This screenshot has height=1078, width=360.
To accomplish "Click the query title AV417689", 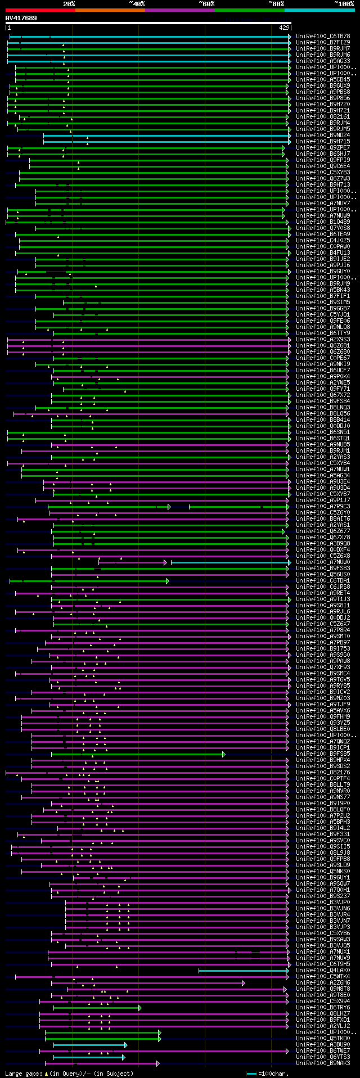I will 21,19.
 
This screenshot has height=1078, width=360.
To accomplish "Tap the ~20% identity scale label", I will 69,4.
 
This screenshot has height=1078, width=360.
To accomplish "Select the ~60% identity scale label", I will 206,4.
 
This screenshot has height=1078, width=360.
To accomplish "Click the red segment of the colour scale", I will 39,10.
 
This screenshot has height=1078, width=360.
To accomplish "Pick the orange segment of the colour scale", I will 110,10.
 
